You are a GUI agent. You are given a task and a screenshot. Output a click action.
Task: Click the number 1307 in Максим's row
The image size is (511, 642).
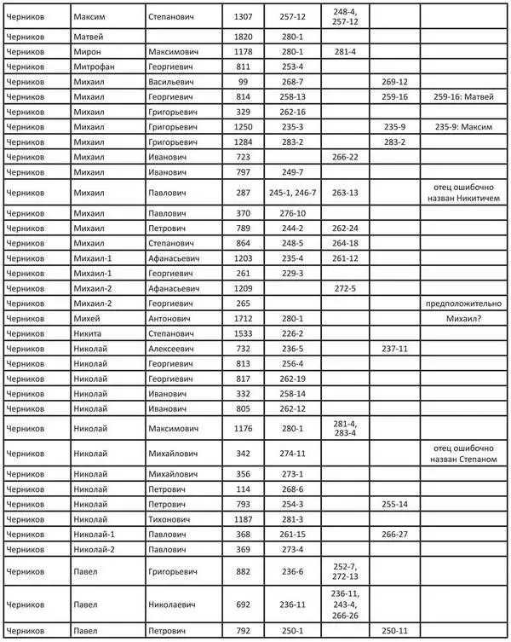[244, 16]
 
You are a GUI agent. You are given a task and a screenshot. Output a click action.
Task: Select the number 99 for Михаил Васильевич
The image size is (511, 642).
[244, 82]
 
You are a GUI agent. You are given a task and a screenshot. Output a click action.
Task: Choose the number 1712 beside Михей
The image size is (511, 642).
[244, 318]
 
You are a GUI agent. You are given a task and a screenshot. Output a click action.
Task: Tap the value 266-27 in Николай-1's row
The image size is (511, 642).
[395, 534]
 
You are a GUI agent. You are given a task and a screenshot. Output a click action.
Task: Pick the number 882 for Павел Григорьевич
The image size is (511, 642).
[244, 570]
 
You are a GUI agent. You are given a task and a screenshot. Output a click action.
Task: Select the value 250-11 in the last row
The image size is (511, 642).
[395, 630]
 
